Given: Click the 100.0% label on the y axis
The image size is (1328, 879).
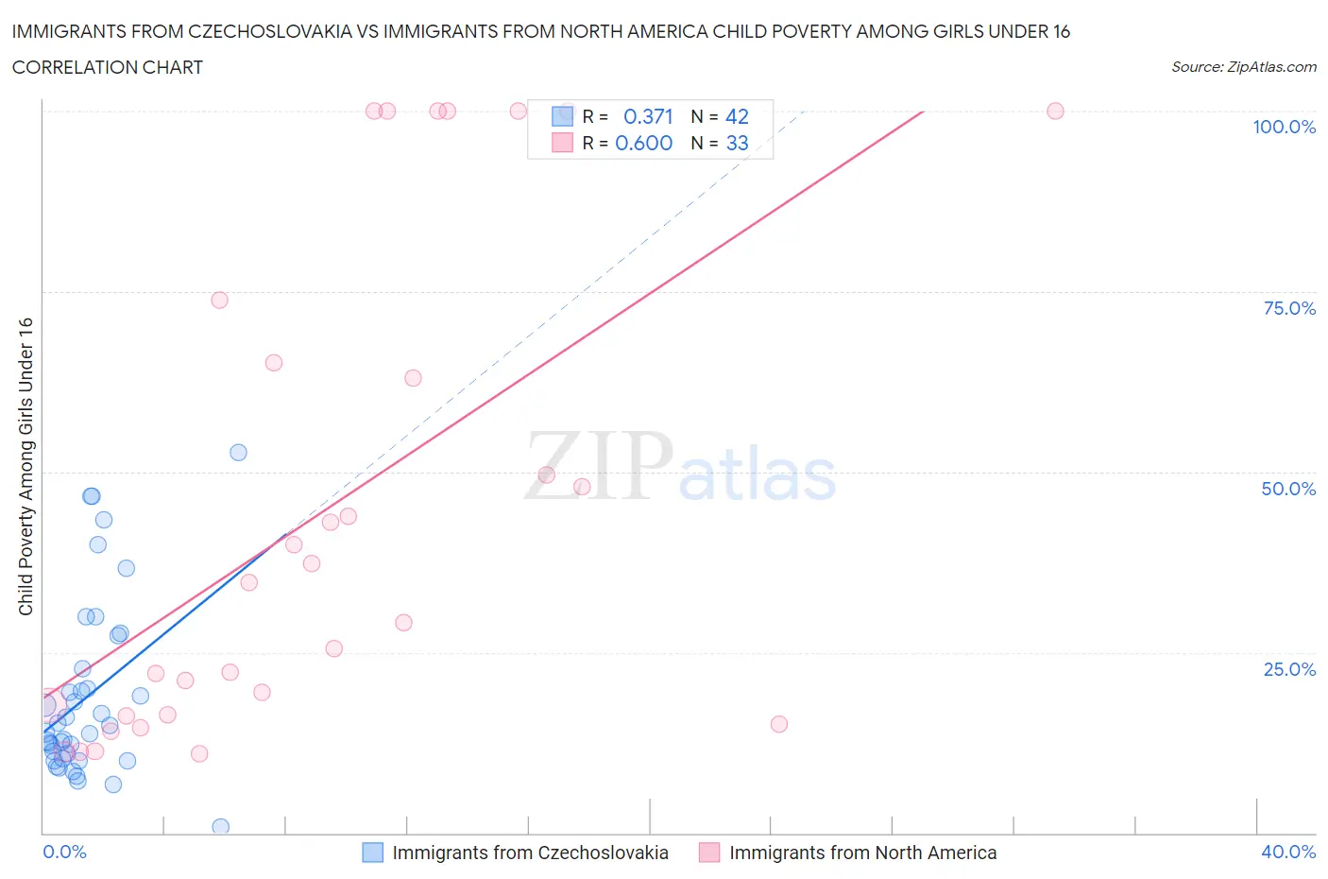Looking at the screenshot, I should pyautogui.click(x=1284, y=128).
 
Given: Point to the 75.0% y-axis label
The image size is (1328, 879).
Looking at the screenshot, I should pyautogui.click(x=1289, y=308).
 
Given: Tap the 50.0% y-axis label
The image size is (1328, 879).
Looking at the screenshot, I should pyautogui.click(x=1288, y=489).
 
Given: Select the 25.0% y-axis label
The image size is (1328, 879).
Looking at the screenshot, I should pyautogui.click(x=1289, y=669).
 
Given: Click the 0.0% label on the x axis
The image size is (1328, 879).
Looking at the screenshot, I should pyautogui.click(x=64, y=852).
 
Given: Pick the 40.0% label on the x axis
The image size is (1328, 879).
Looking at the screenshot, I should pyautogui.click(x=1288, y=852).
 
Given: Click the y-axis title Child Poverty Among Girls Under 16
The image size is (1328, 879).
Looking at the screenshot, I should pyautogui.click(x=26, y=466).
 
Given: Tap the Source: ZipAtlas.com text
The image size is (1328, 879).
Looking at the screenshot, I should pyautogui.click(x=1243, y=66).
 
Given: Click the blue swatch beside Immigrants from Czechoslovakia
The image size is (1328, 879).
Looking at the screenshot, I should pyautogui.click(x=373, y=853).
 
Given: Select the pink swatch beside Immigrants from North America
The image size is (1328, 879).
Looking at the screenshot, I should pyautogui.click(x=709, y=853).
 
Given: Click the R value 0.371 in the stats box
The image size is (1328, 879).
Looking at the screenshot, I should pyautogui.click(x=648, y=116).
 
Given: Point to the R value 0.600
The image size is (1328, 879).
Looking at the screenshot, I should pyautogui.click(x=643, y=143).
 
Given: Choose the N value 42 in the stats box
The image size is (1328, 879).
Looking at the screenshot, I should pyautogui.click(x=737, y=116).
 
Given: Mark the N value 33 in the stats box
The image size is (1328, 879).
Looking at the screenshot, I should pyautogui.click(x=737, y=143).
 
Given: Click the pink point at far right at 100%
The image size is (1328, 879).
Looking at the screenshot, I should pyautogui.click(x=1055, y=112).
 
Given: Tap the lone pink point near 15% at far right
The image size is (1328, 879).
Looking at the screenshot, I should pyautogui.click(x=779, y=724).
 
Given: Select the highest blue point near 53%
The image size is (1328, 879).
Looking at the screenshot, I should pyautogui.click(x=239, y=453).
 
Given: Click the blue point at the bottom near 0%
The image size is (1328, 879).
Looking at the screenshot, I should pyautogui.click(x=221, y=827).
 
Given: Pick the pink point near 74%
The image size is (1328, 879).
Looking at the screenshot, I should pyautogui.click(x=219, y=301).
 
